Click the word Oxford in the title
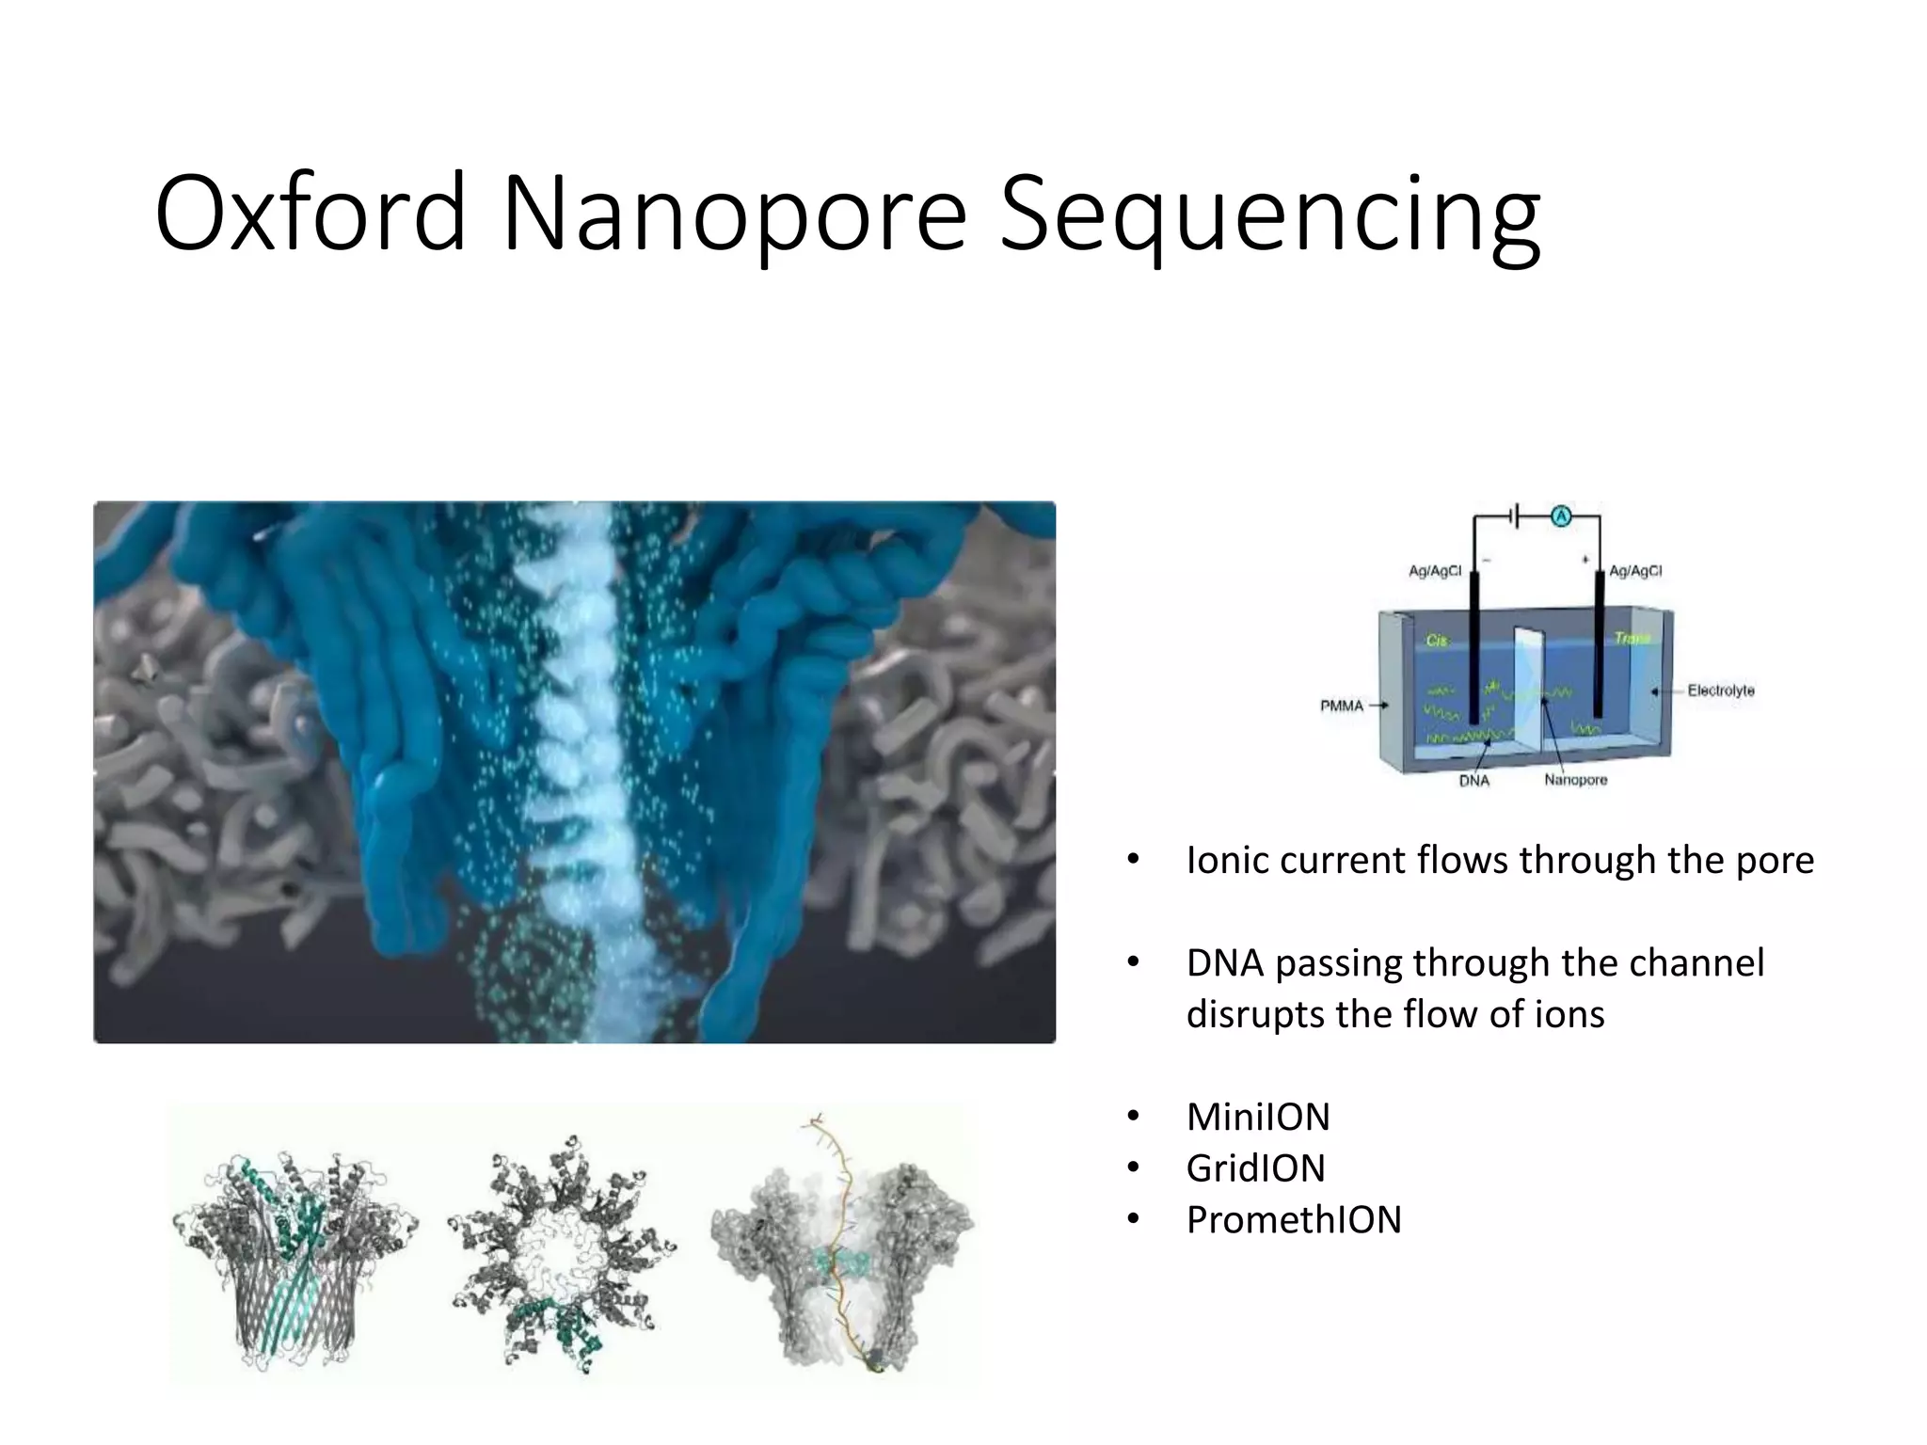point(311,214)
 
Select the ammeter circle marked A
point(1561,516)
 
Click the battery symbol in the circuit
point(1515,516)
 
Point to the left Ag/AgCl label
point(1434,571)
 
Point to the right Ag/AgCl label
point(1635,571)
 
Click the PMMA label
point(1341,706)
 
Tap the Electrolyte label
point(1720,691)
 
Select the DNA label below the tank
point(1473,781)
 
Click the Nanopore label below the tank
point(1575,780)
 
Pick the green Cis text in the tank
point(1437,641)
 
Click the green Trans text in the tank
point(1632,639)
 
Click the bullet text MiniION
point(1257,1118)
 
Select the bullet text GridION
point(1255,1168)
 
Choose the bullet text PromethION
point(1293,1220)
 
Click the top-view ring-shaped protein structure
point(562,1251)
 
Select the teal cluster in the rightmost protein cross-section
point(839,1262)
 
